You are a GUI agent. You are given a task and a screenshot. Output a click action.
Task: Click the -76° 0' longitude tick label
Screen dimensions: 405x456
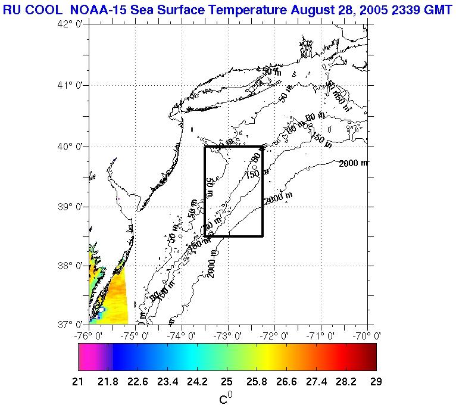[x=89, y=335]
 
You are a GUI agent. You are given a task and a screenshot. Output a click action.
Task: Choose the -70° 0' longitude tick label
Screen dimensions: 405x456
[x=367, y=335]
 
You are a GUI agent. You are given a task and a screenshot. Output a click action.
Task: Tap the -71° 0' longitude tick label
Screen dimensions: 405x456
[x=321, y=335]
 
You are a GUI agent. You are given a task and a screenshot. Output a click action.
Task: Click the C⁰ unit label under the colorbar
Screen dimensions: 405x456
[x=225, y=398]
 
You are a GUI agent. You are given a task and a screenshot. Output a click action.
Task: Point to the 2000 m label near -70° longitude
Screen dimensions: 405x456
[x=354, y=163]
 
